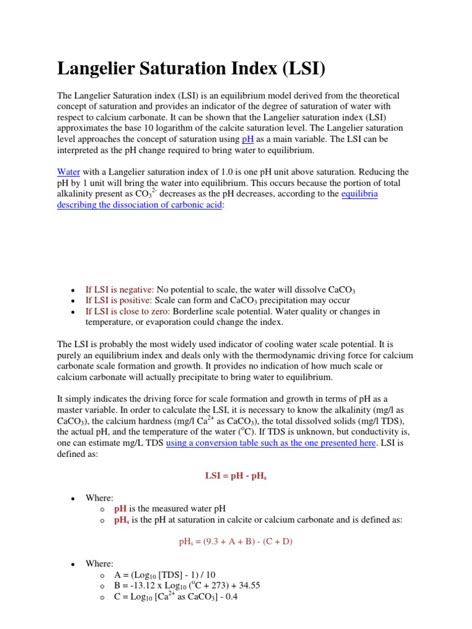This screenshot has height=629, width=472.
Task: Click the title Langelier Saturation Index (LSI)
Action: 191,69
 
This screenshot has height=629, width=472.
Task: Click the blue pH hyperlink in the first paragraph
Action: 248,139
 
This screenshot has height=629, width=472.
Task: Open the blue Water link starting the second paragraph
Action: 69,171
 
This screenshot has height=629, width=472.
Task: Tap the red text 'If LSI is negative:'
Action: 120,289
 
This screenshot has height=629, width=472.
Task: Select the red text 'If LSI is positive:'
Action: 119,300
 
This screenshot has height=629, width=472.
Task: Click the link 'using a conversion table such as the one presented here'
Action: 271,443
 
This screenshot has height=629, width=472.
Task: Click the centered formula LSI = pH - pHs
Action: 235,476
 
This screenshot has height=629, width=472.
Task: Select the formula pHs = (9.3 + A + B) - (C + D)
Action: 235,542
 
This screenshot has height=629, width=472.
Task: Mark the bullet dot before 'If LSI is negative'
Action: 73,290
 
